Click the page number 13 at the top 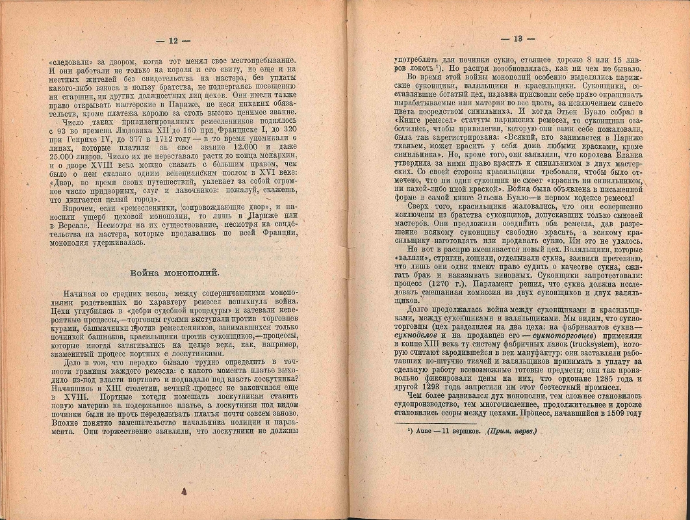click(518, 38)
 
